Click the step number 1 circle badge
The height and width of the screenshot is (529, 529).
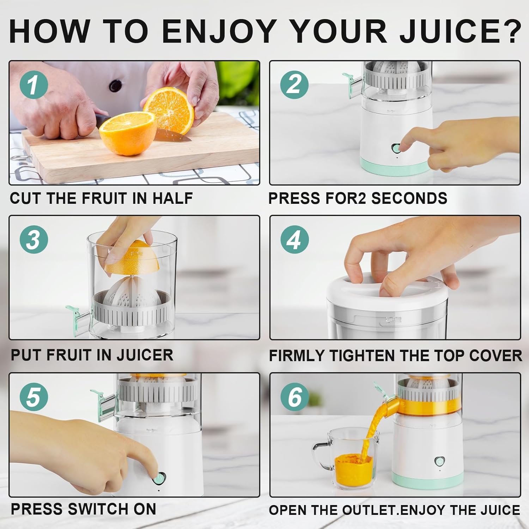pos(34,85)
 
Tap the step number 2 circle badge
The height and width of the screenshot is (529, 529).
pos(294,85)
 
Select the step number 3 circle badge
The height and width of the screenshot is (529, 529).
pos(34,239)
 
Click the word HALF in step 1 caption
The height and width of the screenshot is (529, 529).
pos(172,198)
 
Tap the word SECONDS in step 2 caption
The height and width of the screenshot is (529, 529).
pos(409,198)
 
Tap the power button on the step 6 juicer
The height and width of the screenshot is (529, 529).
pos(439,461)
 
